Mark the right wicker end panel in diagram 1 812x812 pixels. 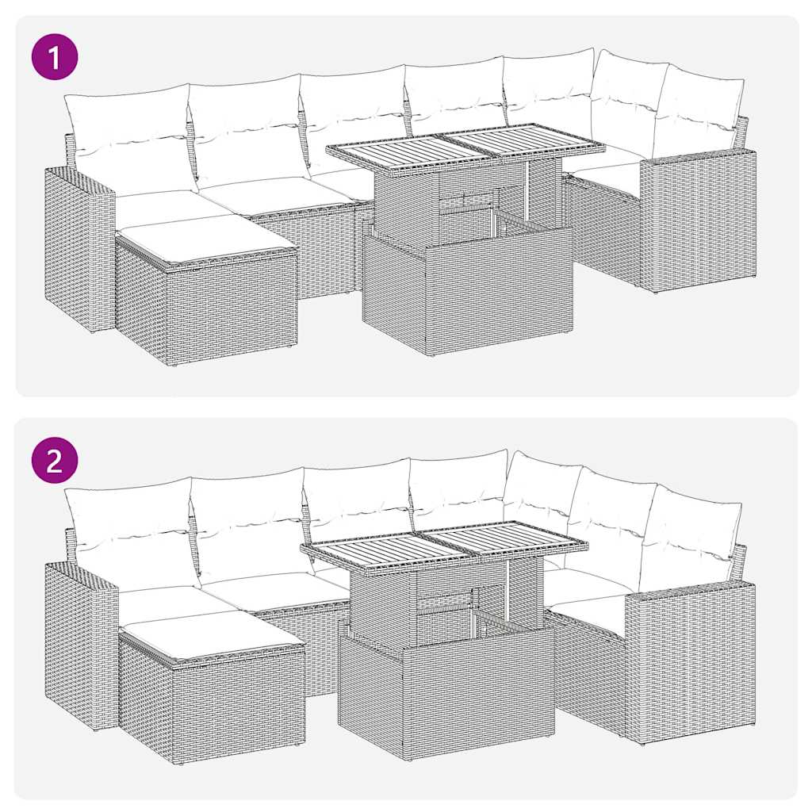pos(698,222)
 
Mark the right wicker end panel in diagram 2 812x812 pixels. pos(690,662)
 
